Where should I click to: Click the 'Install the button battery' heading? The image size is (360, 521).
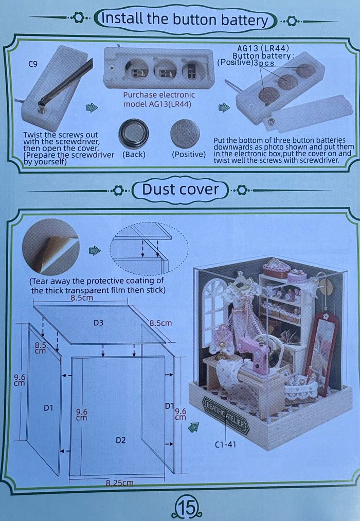[x=186, y=20]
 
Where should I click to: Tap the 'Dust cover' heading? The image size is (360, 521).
[x=180, y=189]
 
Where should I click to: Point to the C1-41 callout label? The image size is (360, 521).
[x=225, y=444]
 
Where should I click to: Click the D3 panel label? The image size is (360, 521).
[x=99, y=323]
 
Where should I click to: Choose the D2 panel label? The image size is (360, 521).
[x=121, y=440]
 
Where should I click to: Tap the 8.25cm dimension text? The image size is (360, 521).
[x=119, y=482]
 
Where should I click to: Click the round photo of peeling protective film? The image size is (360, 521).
[x=50, y=249]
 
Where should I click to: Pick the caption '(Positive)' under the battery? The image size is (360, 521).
[x=188, y=154]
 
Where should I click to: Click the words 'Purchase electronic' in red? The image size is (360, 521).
[x=159, y=95]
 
